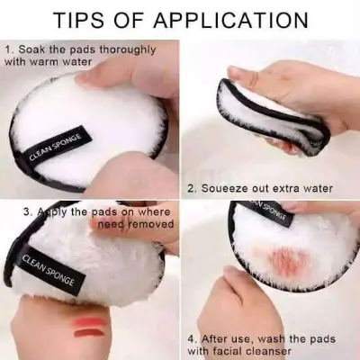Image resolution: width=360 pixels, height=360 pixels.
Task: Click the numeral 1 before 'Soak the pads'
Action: (x=8, y=48)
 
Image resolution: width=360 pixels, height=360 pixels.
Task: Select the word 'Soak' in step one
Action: (x=31, y=48)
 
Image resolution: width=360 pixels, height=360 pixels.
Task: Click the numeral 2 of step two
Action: (x=192, y=189)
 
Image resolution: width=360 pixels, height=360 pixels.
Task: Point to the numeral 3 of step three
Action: (x=29, y=212)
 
